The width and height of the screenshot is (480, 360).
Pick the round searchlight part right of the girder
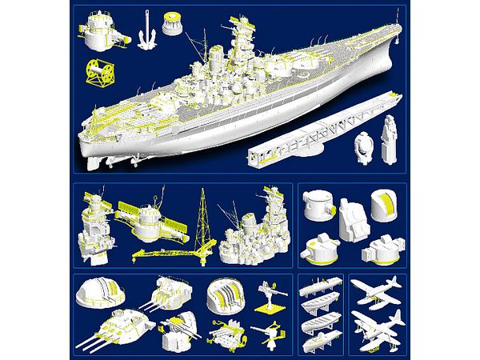click(x=365, y=146)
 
